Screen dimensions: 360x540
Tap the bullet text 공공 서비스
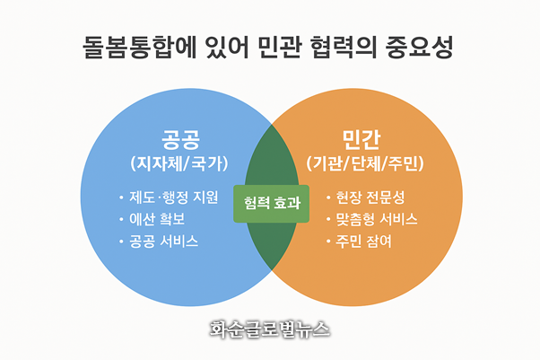pos(164,241)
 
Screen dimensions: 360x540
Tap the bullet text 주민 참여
pos(363,241)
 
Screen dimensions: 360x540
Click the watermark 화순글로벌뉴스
pos(269,329)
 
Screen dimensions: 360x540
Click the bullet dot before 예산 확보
pos(122,220)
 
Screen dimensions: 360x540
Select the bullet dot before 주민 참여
pos(328,242)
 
